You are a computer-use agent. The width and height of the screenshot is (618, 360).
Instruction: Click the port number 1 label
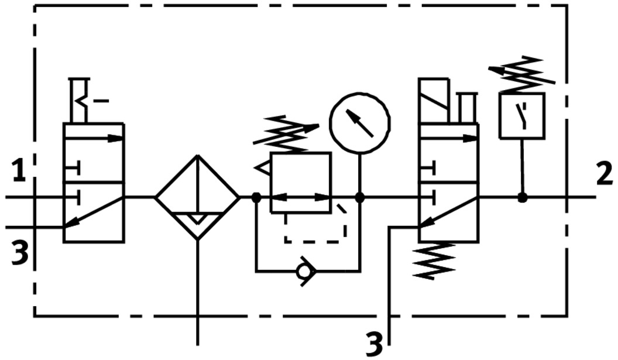point(19,172)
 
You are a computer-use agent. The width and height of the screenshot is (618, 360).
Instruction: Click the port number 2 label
point(605,174)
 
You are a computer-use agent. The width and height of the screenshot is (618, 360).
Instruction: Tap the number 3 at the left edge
point(19,253)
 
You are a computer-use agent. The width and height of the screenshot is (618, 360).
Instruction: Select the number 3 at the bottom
point(374,344)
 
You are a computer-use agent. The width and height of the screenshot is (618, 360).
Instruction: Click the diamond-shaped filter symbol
point(198,198)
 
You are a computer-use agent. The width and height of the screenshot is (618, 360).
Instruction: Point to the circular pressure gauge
point(359,123)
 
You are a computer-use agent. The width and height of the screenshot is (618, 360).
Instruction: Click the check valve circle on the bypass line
point(304,272)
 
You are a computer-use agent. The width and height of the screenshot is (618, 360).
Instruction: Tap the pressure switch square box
point(522,116)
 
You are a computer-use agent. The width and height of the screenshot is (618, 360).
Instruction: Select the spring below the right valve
point(434,260)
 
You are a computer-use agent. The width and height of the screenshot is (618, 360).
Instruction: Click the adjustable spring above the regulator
point(286,132)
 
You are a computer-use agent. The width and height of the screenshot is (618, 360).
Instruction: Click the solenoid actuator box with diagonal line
point(434,101)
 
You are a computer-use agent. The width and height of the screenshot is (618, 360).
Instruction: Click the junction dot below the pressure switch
point(522,198)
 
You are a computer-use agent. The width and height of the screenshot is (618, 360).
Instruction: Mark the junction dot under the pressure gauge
point(360,198)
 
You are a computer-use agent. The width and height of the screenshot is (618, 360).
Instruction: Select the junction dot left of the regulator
point(256,198)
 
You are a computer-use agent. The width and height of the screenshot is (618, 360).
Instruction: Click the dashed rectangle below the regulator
point(315,228)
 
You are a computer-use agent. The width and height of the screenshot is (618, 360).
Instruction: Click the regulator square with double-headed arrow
point(301,182)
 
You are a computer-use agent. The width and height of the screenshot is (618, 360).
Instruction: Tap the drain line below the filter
point(198,293)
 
